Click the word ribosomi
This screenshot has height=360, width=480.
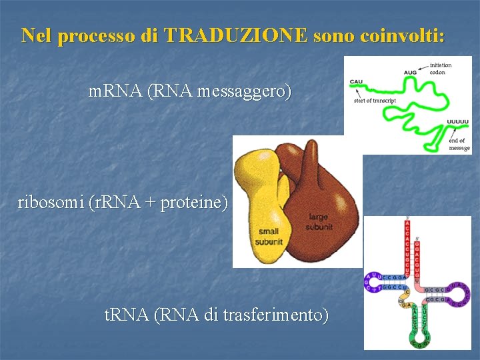(51, 202)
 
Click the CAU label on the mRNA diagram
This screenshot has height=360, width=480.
(356, 81)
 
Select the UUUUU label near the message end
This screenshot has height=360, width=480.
(457, 122)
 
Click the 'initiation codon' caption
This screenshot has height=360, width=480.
(441, 68)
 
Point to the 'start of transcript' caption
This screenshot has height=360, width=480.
(375, 101)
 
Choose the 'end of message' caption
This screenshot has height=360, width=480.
(459, 144)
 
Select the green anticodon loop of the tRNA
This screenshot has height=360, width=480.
(419, 333)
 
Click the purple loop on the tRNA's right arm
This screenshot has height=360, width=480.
(459, 294)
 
